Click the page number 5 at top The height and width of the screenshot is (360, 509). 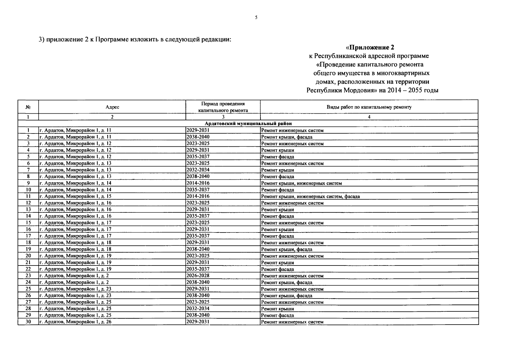point(256,17)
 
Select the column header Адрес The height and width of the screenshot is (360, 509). point(112,107)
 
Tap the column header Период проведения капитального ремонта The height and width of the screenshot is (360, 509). point(223,107)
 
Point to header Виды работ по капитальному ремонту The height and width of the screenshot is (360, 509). point(369,107)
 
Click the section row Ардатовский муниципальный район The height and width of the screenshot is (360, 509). point(248,124)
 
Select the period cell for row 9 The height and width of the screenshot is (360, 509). point(198,183)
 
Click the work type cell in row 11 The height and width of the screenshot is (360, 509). point(310,196)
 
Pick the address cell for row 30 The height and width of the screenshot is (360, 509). point(75,322)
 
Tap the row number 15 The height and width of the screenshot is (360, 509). point(28,223)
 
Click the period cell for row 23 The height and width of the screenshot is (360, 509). point(198,275)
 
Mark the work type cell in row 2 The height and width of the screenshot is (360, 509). point(287,137)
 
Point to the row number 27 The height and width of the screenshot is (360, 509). point(28,302)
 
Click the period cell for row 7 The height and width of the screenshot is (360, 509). point(198,170)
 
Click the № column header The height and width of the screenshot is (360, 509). point(28,107)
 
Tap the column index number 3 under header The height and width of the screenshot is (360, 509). point(223,117)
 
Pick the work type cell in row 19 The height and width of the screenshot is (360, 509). point(287,249)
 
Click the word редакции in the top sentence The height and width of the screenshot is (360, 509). point(216,40)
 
